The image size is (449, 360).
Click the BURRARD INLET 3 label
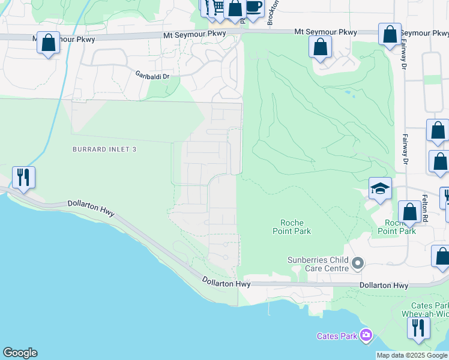pos(104,149)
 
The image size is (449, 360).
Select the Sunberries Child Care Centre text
pos(318,264)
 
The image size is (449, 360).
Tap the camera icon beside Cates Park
pos(366,335)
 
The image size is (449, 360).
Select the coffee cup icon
pos(255,7)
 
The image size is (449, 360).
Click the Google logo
pos(20,353)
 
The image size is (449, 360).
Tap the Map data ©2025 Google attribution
pos(412,355)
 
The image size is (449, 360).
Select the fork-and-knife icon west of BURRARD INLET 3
pos(23,177)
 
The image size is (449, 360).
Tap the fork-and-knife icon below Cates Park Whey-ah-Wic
pos(418,328)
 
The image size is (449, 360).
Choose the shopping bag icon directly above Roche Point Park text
pos(409,212)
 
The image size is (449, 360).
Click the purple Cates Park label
pos(337,336)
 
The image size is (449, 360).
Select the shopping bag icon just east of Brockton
pos(321,46)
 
